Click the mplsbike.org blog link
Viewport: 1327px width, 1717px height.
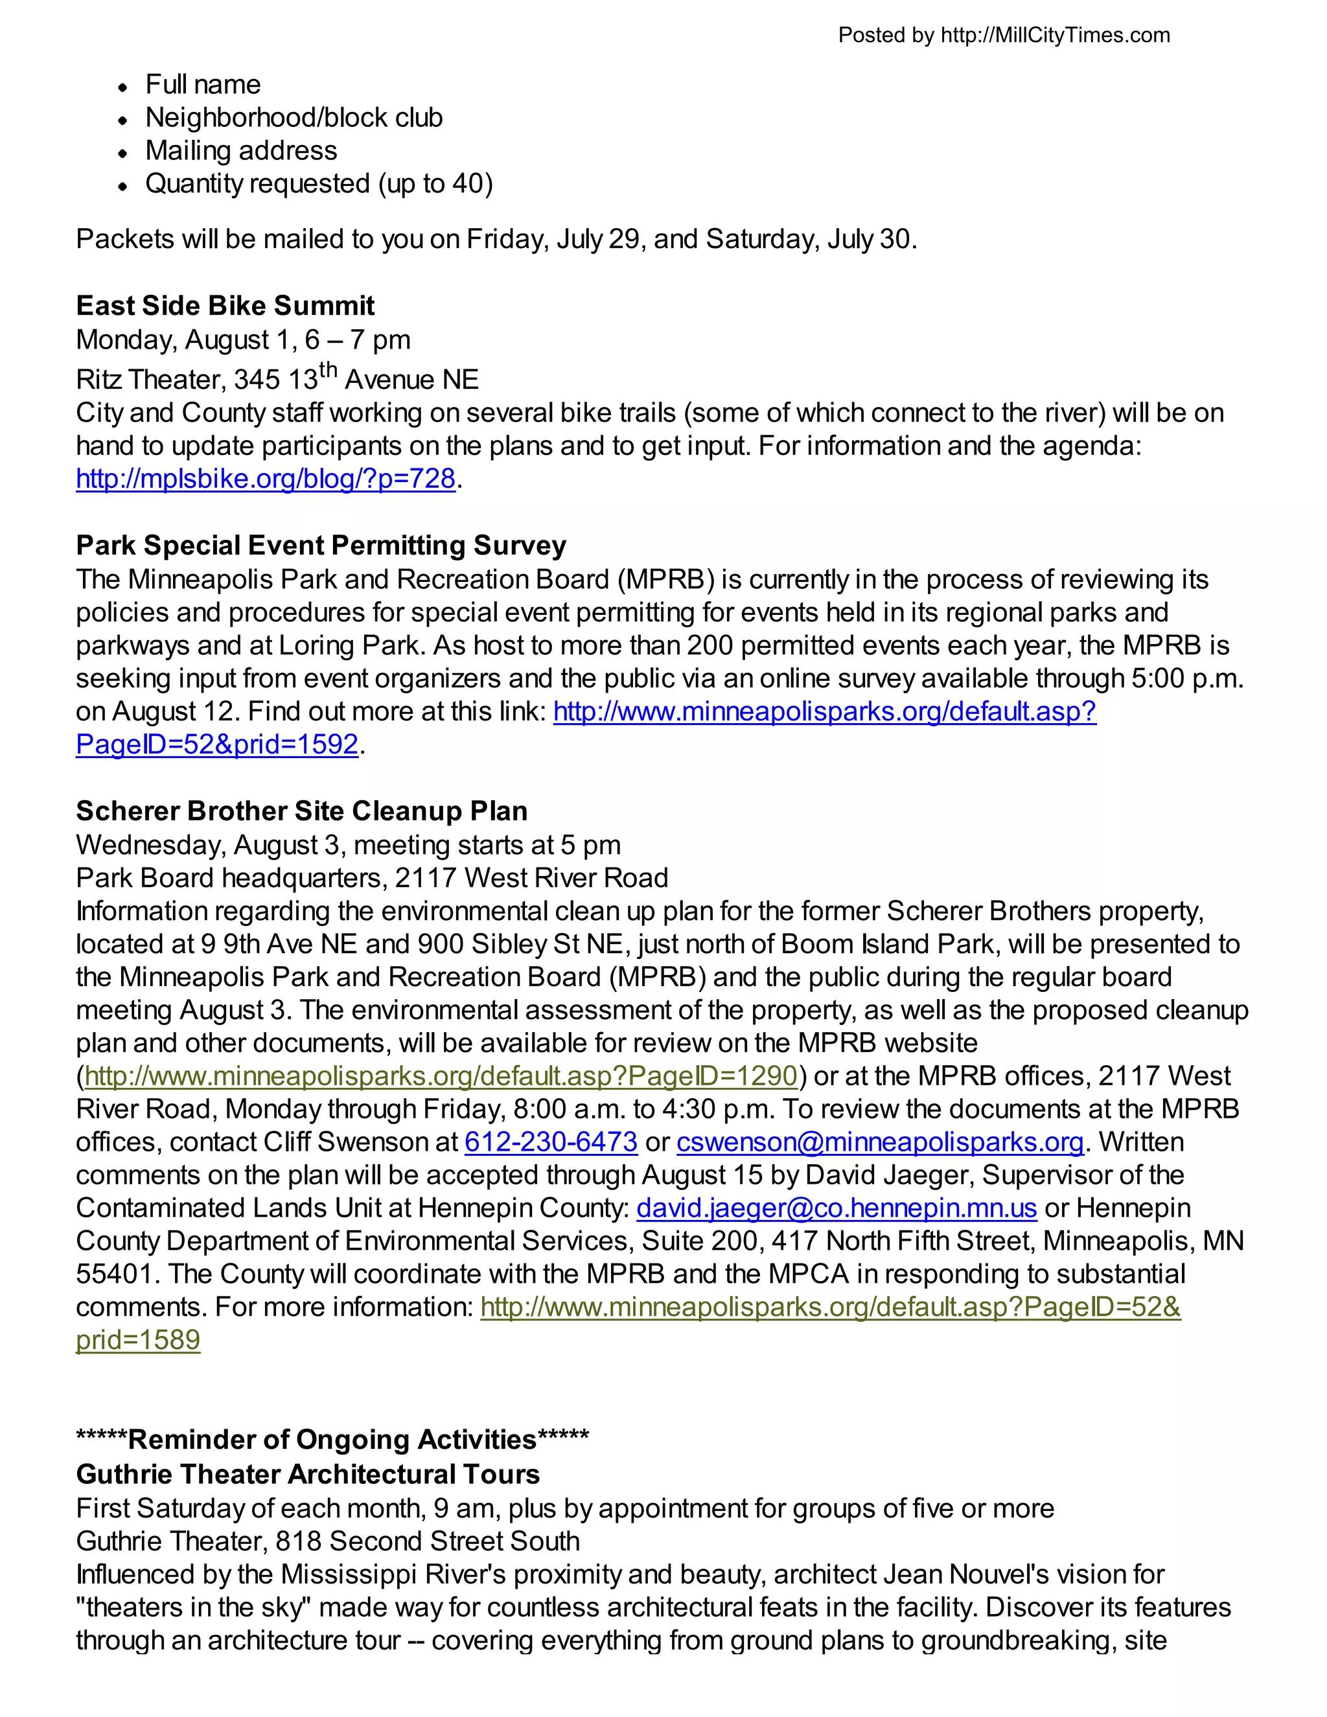pyautogui.click(x=266, y=479)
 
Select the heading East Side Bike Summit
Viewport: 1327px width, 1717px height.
pyautogui.click(x=225, y=305)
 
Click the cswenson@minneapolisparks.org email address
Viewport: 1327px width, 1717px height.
pyautogui.click(x=880, y=1142)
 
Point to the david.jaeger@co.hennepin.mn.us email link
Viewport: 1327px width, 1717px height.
pyautogui.click(x=837, y=1208)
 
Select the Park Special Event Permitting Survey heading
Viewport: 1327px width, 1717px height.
pyautogui.click(x=321, y=545)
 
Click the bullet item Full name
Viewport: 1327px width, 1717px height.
pyautogui.click(x=203, y=84)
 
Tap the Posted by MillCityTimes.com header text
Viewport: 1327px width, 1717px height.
pyautogui.click(x=1003, y=36)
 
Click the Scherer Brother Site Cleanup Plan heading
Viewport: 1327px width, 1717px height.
pyautogui.click(x=302, y=811)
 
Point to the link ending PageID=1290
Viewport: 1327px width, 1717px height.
pyautogui.click(x=440, y=1076)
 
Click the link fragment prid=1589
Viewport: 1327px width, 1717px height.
pyautogui.click(x=139, y=1340)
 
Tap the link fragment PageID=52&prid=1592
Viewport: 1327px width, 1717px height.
pyautogui.click(x=217, y=744)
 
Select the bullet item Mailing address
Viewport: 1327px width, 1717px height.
pyautogui.click(x=240, y=150)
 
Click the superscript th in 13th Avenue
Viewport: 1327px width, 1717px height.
pyautogui.click(x=328, y=369)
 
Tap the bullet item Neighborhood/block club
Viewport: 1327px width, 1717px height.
pyautogui.click(x=294, y=117)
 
